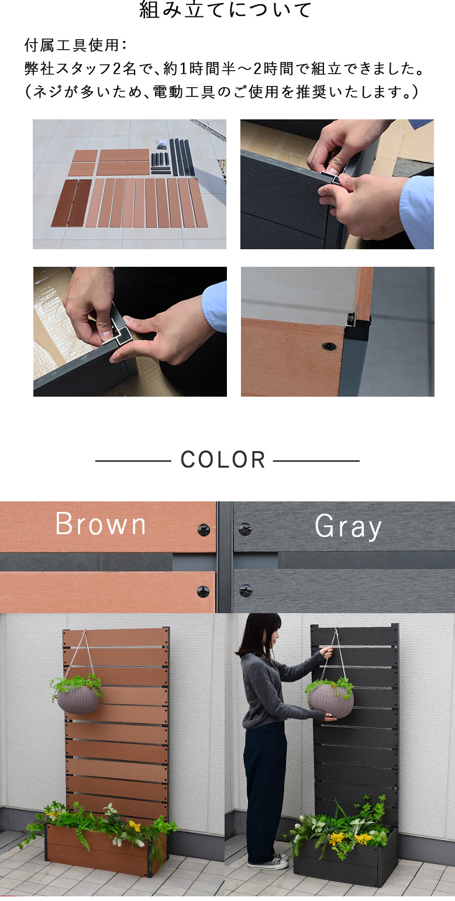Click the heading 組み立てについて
(x=225, y=9)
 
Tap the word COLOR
(x=223, y=460)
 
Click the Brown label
(x=101, y=524)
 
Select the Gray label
(x=348, y=527)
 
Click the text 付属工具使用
(x=71, y=45)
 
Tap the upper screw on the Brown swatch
(x=204, y=530)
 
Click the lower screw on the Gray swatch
(x=246, y=590)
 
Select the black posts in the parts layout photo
(x=182, y=157)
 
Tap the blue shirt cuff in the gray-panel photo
(x=416, y=209)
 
